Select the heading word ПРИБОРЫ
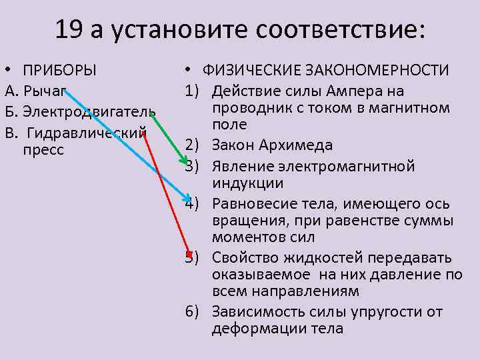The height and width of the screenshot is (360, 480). (x=59, y=70)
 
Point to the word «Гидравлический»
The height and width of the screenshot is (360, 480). (x=87, y=131)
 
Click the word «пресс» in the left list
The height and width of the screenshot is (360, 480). (x=43, y=149)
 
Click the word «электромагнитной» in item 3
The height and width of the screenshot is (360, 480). (x=361, y=165)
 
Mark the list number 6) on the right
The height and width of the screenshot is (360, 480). (x=192, y=311)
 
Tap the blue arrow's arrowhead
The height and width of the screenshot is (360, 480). (x=189, y=196)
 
